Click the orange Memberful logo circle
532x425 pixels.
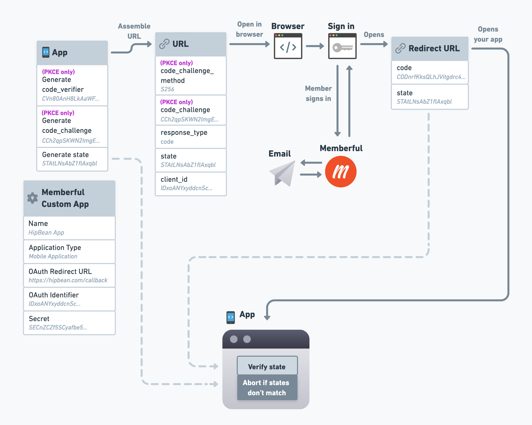pyautogui.click(x=341, y=171)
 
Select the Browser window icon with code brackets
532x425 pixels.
pyautogui.click(x=288, y=46)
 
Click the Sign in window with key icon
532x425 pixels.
pyautogui.click(x=342, y=46)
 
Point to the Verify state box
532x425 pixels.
pyautogui.click(x=267, y=366)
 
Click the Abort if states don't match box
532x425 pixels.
pyautogui.click(x=267, y=388)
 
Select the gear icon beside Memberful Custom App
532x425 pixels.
pyautogui.click(x=33, y=198)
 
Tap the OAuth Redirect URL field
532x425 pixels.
pyautogui.click(x=69, y=275)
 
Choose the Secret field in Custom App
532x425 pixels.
pyautogui.click(x=69, y=323)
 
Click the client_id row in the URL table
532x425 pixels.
pyautogui.click(x=191, y=183)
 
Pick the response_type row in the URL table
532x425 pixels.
pyautogui.click(x=191, y=137)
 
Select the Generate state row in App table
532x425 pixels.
pyautogui.click(x=72, y=159)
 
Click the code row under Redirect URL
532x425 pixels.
pyautogui.click(x=430, y=72)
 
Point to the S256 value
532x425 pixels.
pyautogui.click(x=167, y=89)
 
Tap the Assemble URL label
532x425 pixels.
pyautogui.click(x=134, y=31)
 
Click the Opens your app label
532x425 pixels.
pyautogui.click(x=488, y=34)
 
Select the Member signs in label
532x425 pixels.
pyautogui.click(x=318, y=93)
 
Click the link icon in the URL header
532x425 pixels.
pyautogui.click(x=164, y=44)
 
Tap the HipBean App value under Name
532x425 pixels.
pyautogui.click(x=46, y=232)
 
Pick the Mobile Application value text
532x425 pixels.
pyautogui.click(x=53, y=256)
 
